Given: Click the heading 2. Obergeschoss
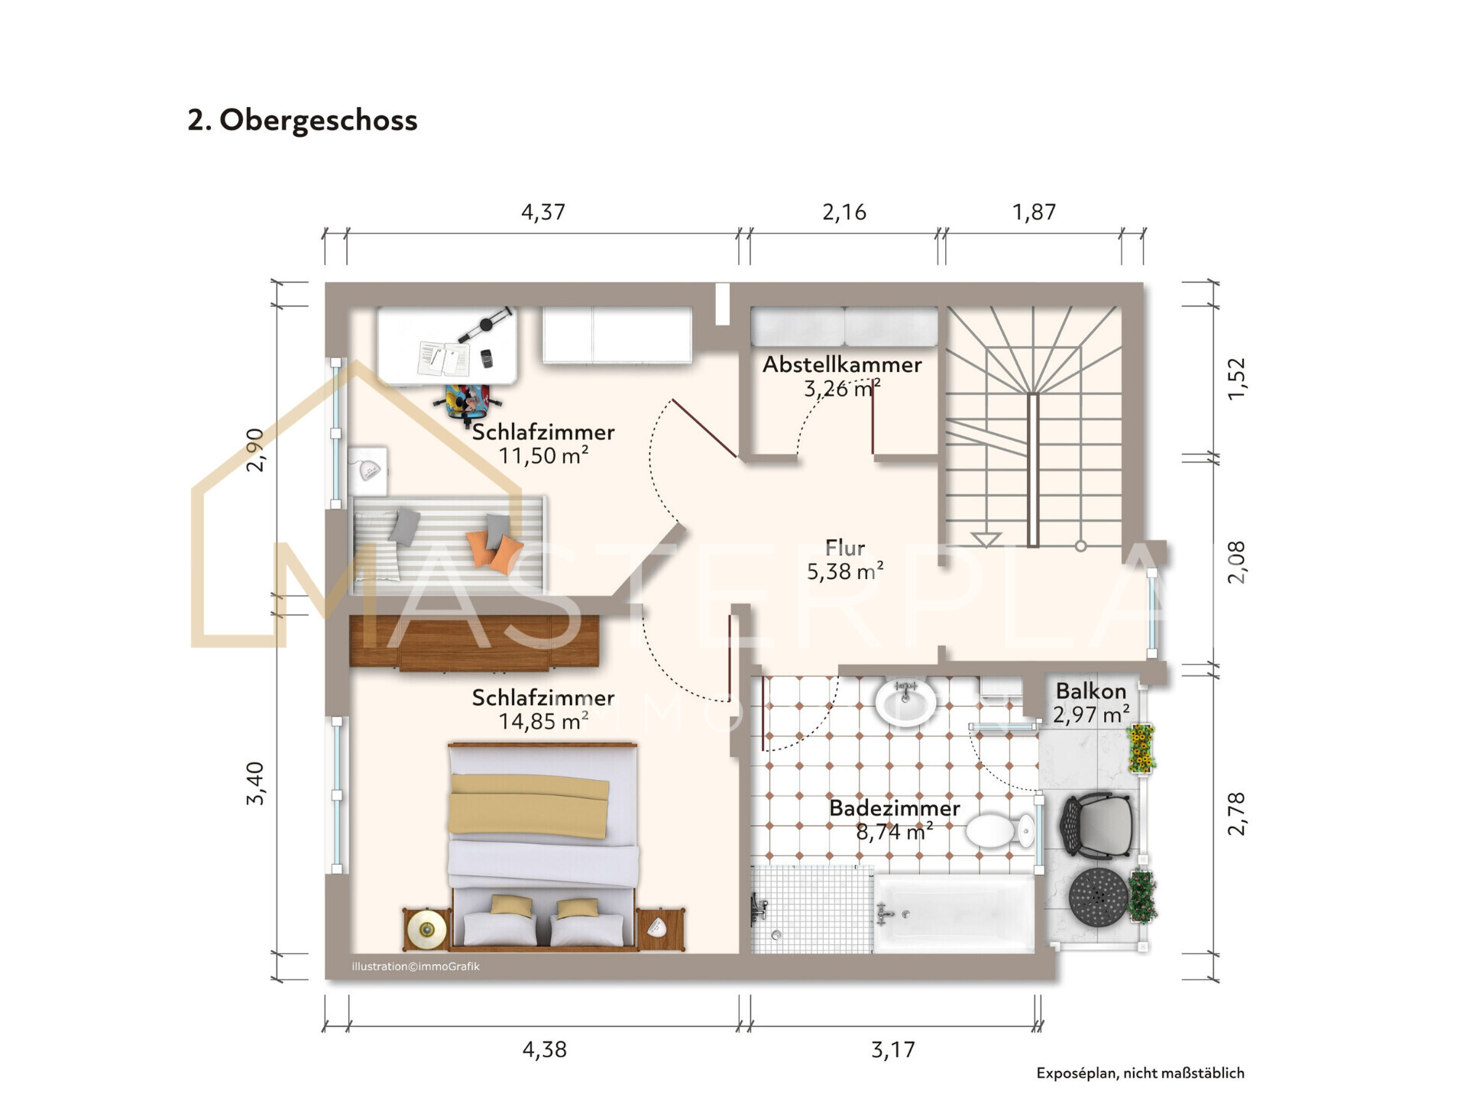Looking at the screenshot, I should point(303,121).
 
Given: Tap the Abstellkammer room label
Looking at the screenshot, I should point(842,365).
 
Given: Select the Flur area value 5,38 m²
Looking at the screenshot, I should point(845,571).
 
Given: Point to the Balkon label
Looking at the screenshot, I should point(1090,691).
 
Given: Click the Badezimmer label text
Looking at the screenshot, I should point(894,808).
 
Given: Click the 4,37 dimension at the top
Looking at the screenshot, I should point(542,212).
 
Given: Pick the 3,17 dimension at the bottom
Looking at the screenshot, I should point(892,1050).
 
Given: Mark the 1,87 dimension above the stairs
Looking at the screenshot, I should point(1034,212).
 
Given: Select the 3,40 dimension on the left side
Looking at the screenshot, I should point(255,783).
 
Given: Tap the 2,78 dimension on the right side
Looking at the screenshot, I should point(1236,814).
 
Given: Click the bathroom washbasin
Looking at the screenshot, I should point(905,701).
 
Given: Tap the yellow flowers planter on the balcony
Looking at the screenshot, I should point(1141,748).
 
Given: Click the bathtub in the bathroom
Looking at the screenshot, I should point(954,914).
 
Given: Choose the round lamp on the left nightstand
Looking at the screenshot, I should point(426,930).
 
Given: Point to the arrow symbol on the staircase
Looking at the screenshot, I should point(986,539).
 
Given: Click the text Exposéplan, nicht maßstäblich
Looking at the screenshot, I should point(1139,1073).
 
